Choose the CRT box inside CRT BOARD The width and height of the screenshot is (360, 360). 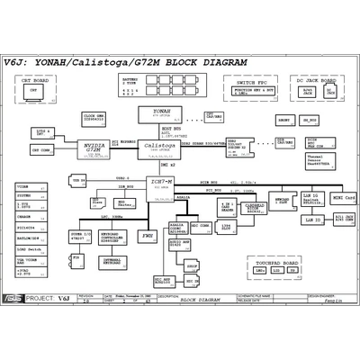click(34, 91)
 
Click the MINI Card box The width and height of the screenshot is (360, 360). click(343, 197)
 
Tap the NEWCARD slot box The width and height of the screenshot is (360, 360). click(283, 202)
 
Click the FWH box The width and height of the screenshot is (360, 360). click(147, 235)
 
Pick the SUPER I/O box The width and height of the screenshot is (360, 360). click(80, 238)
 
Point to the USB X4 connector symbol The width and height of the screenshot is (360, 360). click(79, 182)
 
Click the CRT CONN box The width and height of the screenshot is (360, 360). click(42, 149)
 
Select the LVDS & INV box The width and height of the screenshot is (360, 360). click(43, 131)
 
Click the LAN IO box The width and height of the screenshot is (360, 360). click(312, 220)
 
